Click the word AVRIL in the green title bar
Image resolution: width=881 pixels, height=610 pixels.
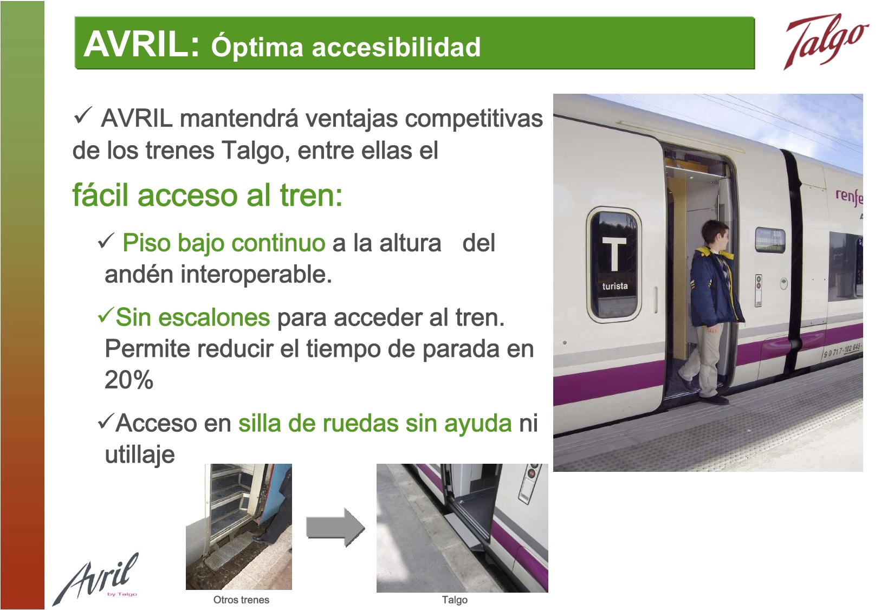coord(142,44)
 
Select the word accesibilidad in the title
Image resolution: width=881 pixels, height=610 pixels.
coord(396,47)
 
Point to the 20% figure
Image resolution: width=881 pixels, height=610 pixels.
coord(128,380)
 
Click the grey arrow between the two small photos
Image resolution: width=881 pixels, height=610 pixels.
coord(335,527)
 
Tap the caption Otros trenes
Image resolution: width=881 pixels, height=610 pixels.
coord(241,600)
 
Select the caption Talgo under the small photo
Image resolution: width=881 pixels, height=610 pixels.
coord(455,600)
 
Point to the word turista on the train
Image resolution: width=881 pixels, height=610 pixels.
coord(615,286)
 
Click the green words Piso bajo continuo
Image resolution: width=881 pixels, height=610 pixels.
coord(224,243)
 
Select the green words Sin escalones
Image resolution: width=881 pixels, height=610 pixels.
coord(193,317)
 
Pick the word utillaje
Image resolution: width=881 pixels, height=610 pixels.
coord(140,455)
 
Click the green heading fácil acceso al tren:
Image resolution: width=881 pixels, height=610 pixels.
coord(208,196)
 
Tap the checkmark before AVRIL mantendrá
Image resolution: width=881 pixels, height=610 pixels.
coord(83,115)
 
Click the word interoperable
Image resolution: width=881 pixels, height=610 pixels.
coord(256,274)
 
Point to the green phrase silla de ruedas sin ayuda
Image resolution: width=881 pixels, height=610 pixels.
coord(375,424)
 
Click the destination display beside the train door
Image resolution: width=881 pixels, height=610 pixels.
coord(770,239)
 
